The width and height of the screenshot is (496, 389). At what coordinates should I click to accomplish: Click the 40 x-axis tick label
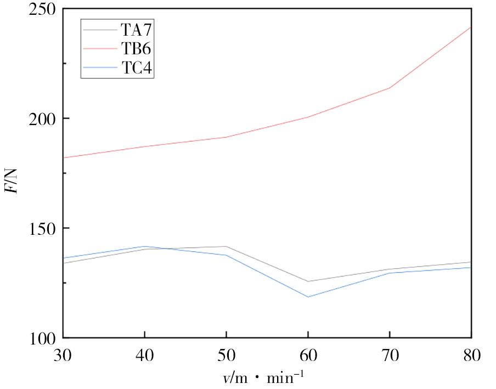click(144, 356)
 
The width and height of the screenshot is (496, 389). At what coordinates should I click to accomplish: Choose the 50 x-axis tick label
click(226, 356)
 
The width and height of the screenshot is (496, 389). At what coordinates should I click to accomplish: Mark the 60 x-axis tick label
click(308, 356)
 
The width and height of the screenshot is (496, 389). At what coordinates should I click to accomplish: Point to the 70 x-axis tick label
click(390, 356)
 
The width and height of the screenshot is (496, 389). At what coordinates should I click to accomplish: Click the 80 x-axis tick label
click(471, 356)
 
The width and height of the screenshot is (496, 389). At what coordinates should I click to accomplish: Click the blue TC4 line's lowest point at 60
click(308, 297)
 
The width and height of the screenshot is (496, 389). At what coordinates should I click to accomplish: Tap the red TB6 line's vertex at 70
click(390, 88)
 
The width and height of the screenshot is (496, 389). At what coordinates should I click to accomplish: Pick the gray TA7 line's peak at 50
click(226, 246)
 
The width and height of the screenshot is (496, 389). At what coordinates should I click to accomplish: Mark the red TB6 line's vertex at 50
click(226, 137)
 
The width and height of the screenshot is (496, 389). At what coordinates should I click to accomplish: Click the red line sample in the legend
click(99, 49)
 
